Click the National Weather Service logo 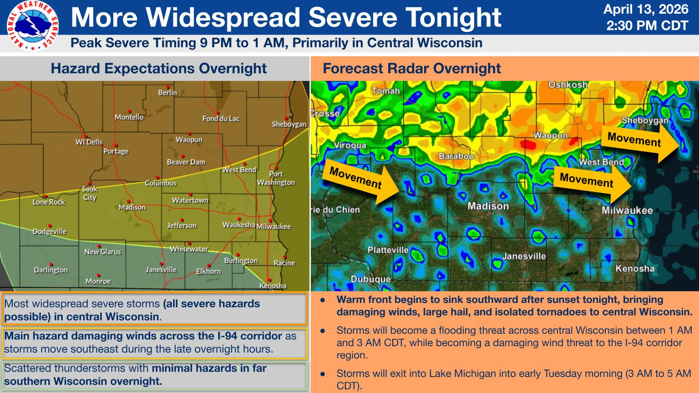click(32, 26)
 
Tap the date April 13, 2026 click(646, 9)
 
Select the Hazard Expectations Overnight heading click(158, 68)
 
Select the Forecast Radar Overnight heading click(411, 68)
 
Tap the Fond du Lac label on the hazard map click(221, 119)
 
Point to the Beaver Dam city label click(186, 162)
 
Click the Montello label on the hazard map click(129, 117)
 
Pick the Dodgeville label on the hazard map click(49, 232)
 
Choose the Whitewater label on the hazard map click(189, 249)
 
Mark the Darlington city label click(51, 270)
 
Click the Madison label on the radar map click(488, 206)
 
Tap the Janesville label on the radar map click(524, 256)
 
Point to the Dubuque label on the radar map click(370, 279)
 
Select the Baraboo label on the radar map click(456, 156)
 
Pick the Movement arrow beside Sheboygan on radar click(639, 141)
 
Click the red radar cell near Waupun click(528, 145)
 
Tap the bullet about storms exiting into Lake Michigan click(513, 379)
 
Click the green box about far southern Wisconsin click(154, 375)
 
